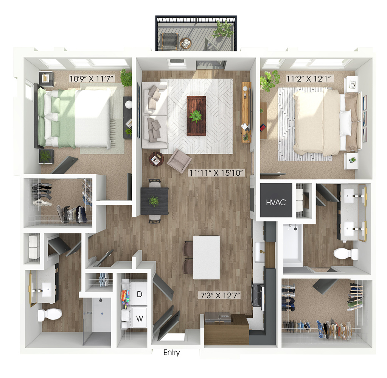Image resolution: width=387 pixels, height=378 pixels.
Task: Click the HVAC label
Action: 276,203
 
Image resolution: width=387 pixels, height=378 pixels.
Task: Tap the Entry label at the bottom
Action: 171,353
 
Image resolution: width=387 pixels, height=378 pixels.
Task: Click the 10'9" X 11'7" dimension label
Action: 92,79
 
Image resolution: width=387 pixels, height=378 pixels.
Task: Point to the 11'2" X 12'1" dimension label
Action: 310,78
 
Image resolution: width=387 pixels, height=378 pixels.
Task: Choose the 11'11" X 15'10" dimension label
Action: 216,173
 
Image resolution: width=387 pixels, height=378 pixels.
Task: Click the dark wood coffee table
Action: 196,116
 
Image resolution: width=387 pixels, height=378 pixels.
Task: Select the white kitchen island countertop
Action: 206,257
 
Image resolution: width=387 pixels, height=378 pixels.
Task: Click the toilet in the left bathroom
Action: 49,315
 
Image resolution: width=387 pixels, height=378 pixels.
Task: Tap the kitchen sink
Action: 260,252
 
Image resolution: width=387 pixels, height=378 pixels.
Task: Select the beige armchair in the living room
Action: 179,161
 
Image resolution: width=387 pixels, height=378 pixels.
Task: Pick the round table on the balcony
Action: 185,44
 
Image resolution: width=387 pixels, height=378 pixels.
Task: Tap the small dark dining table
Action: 154,201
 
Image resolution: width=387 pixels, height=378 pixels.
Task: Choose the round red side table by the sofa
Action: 157,159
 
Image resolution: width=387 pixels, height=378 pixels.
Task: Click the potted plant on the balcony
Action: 223,30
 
